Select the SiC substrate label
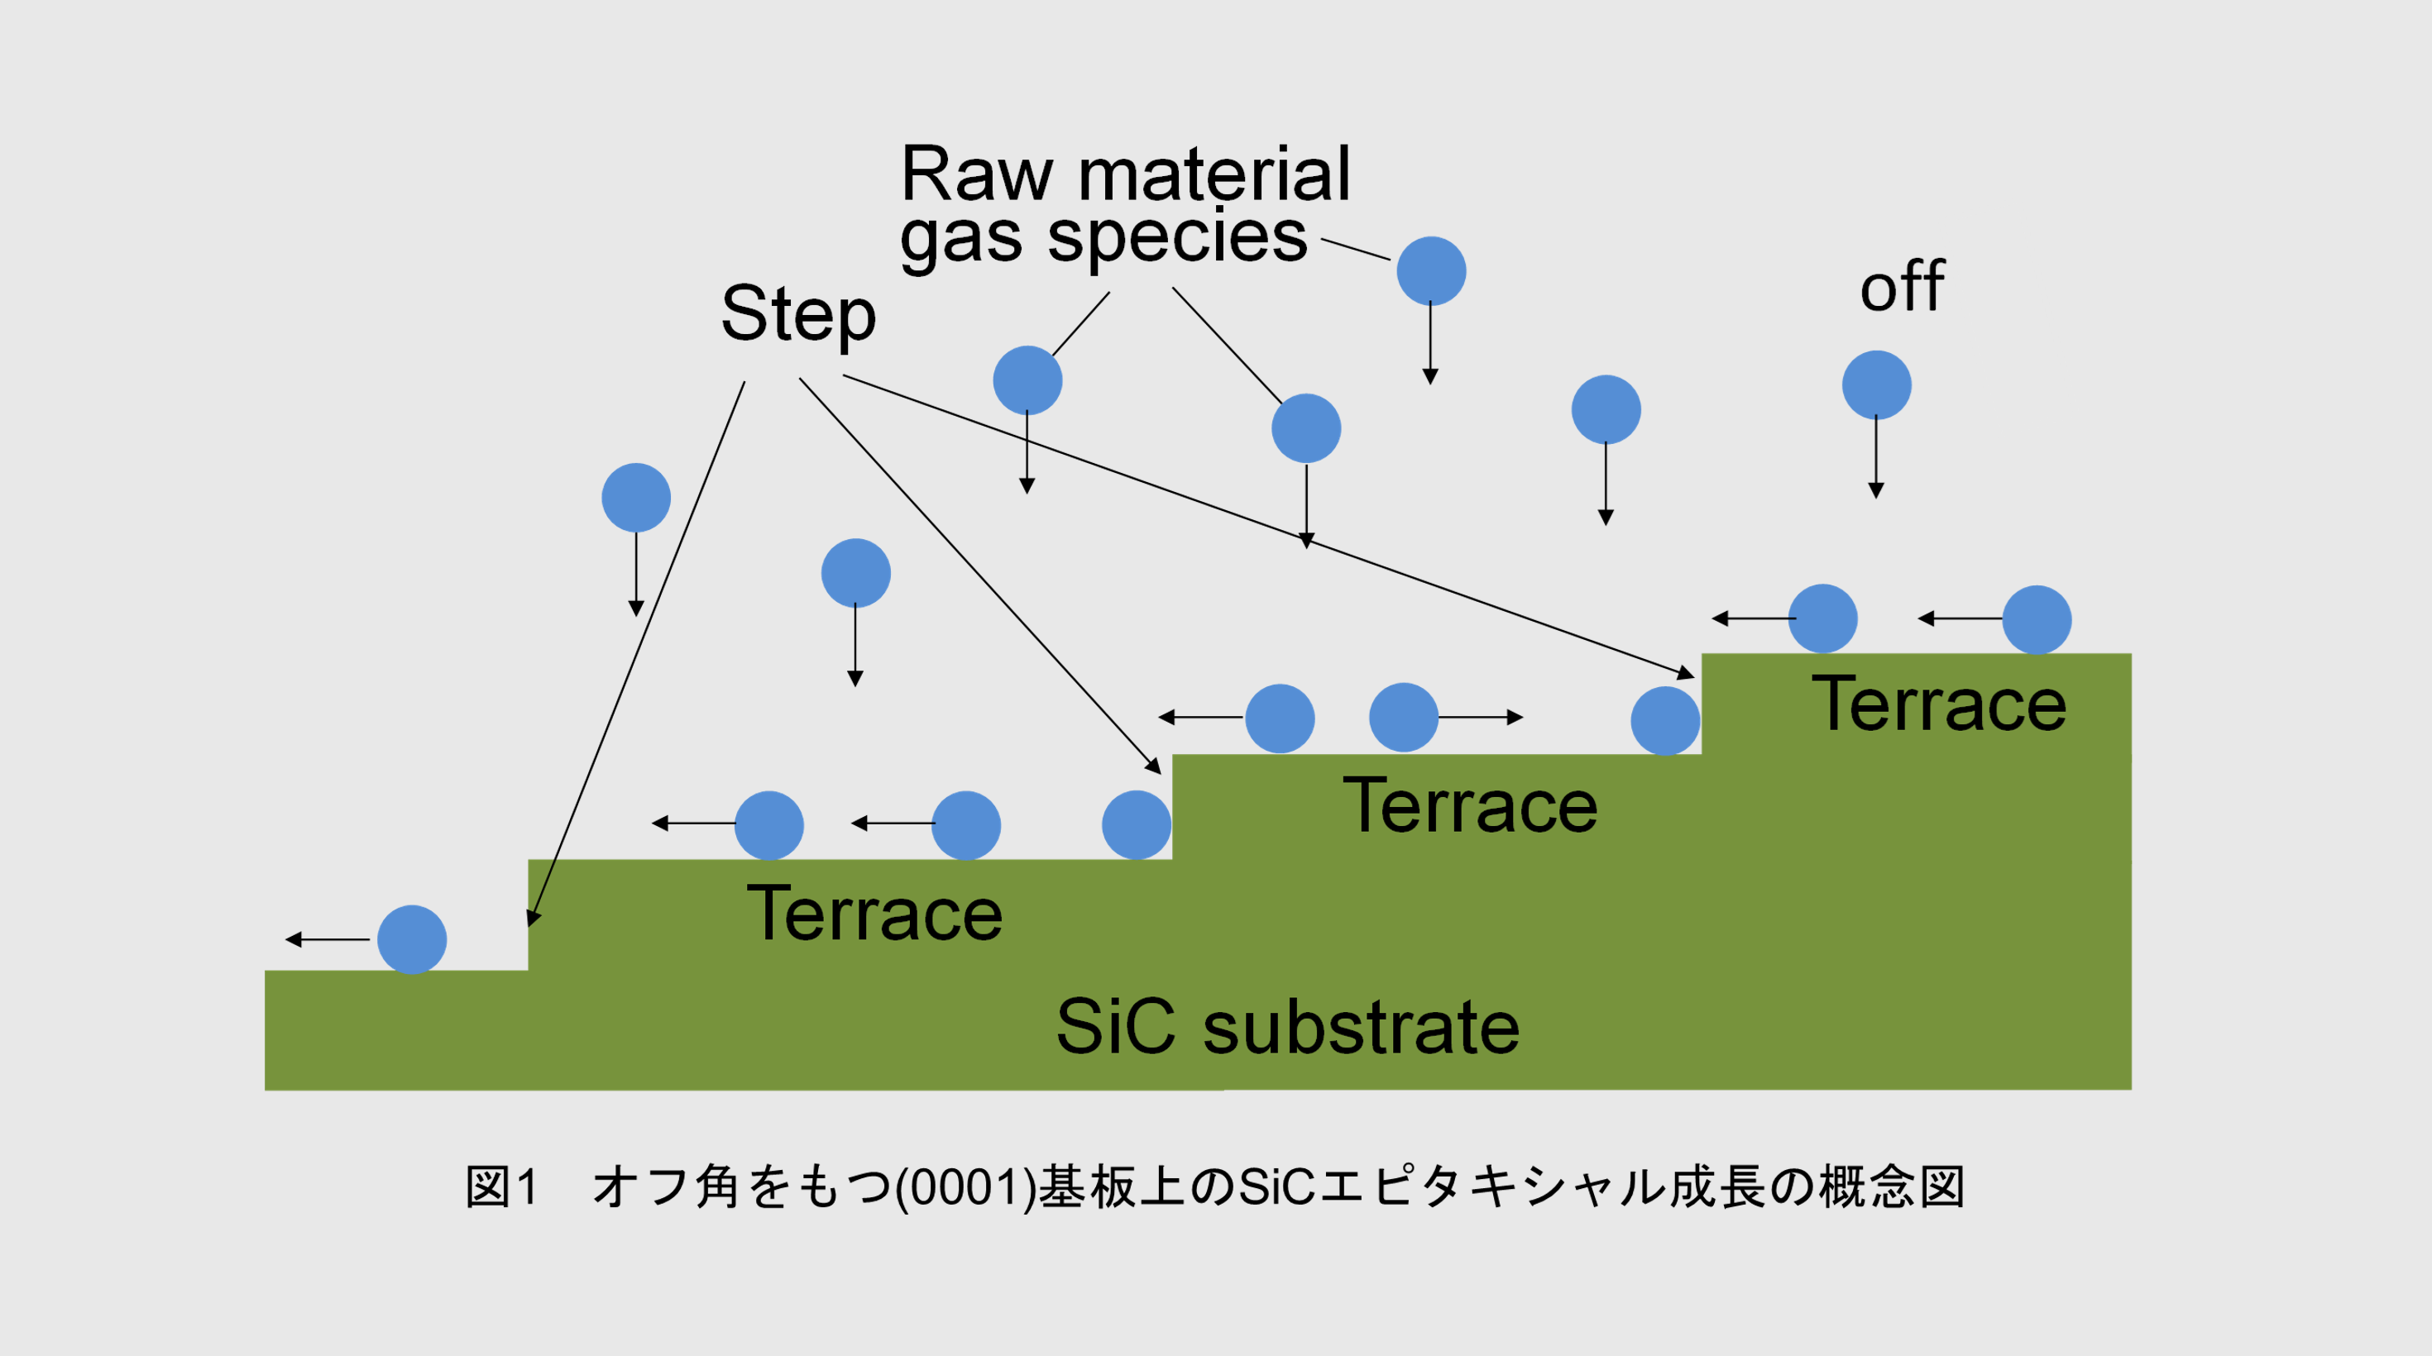pos(1288,1027)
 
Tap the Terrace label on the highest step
pos(1939,704)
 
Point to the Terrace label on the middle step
pos(1470,806)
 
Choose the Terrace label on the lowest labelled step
pos(874,914)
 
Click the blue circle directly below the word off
pos(1877,385)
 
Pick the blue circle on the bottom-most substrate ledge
pos(412,940)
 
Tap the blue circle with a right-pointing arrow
pos(1404,717)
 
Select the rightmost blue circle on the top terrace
pos(2037,620)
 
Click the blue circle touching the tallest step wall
pos(1665,721)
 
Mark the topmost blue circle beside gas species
pos(1431,271)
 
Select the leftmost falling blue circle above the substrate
pos(636,497)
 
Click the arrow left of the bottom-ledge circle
pos(327,940)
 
